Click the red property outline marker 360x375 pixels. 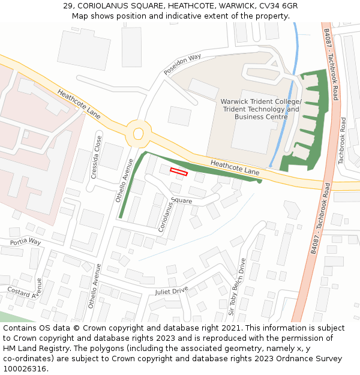[179, 172]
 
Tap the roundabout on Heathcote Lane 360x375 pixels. [139, 133]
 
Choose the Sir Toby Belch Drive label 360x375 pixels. [235, 287]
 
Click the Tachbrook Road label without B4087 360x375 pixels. [342, 141]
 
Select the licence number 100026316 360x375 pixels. [25, 369]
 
